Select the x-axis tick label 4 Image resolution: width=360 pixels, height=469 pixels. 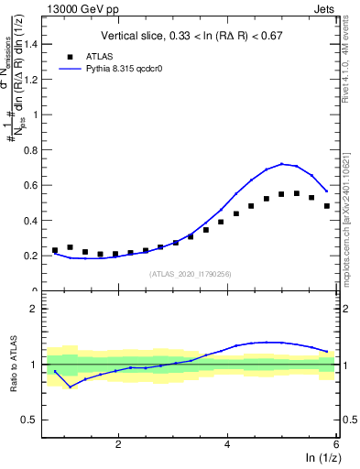(x=227, y=444)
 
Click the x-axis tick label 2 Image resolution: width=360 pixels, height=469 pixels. (x=119, y=444)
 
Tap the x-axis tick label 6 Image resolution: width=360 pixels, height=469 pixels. (x=335, y=444)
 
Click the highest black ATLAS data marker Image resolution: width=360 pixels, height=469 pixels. (x=297, y=193)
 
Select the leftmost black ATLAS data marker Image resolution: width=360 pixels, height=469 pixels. (x=55, y=250)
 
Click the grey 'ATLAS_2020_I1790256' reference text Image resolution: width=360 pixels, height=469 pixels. (x=191, y=274)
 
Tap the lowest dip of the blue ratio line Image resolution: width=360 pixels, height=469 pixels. (x=71, y=387)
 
